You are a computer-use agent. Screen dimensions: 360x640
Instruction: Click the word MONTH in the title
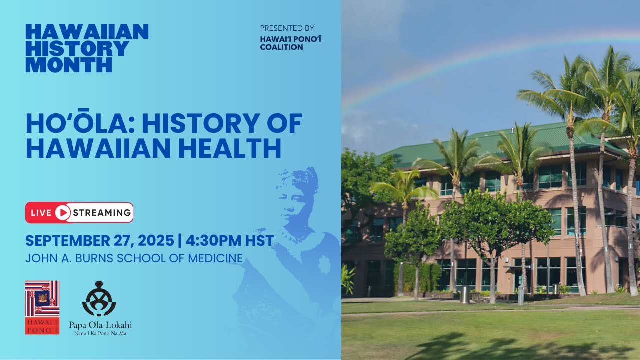pyautogui.click(x=69, y=65)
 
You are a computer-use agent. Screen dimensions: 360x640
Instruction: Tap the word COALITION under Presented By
pyautogui.click(x=281, y=47)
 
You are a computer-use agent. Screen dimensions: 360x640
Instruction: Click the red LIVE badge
pyautogui.click(x=41, y=213)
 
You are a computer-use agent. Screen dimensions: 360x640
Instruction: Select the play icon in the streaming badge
pyautogui.click(x=63, y=213)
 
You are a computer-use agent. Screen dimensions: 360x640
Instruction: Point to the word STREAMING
pyautogui.click(x=102, y=213)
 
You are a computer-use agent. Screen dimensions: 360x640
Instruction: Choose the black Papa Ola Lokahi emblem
pyautogui.click(x=99, y=299)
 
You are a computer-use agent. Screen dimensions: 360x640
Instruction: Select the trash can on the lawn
pyautogui.click(x=465, y=294)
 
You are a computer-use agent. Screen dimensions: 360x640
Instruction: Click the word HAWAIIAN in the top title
pyautogui.click(x=87, y=31)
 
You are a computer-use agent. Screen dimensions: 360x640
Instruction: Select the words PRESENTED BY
pyautogui.click(x=287, y=28)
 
